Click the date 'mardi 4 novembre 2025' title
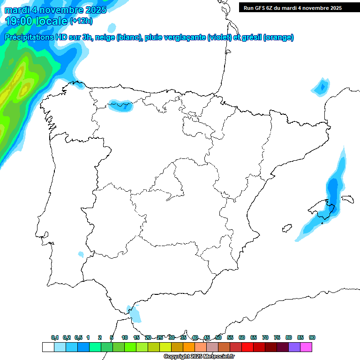[55, 10]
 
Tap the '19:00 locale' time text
[37, 21]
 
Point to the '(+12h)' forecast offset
[81, 21]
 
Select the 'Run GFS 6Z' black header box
[299, 7]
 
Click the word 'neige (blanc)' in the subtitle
[118, 37]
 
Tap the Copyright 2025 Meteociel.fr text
[199, 357]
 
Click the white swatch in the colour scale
[48, 347]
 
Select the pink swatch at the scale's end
[306, 347]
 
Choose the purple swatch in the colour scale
[294, 347]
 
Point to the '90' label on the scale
[312, 338]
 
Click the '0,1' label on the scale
[55, 338]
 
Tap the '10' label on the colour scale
[125, 338]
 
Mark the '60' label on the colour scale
[242, 338]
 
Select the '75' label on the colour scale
[277, 338]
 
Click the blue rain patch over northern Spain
[121, 105]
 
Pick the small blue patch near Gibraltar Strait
[135, 313]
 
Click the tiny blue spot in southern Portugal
[81, 255]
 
